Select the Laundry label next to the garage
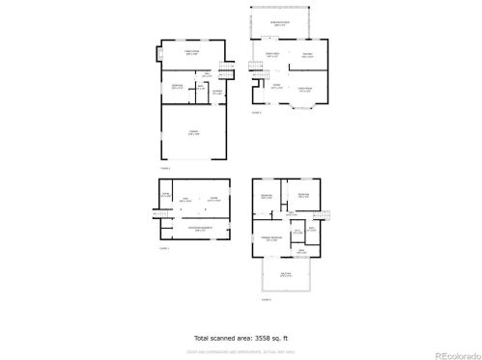pos(217,93)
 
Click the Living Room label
pos(304,89)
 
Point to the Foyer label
pos(275,87)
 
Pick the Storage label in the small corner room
pos(166,195)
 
